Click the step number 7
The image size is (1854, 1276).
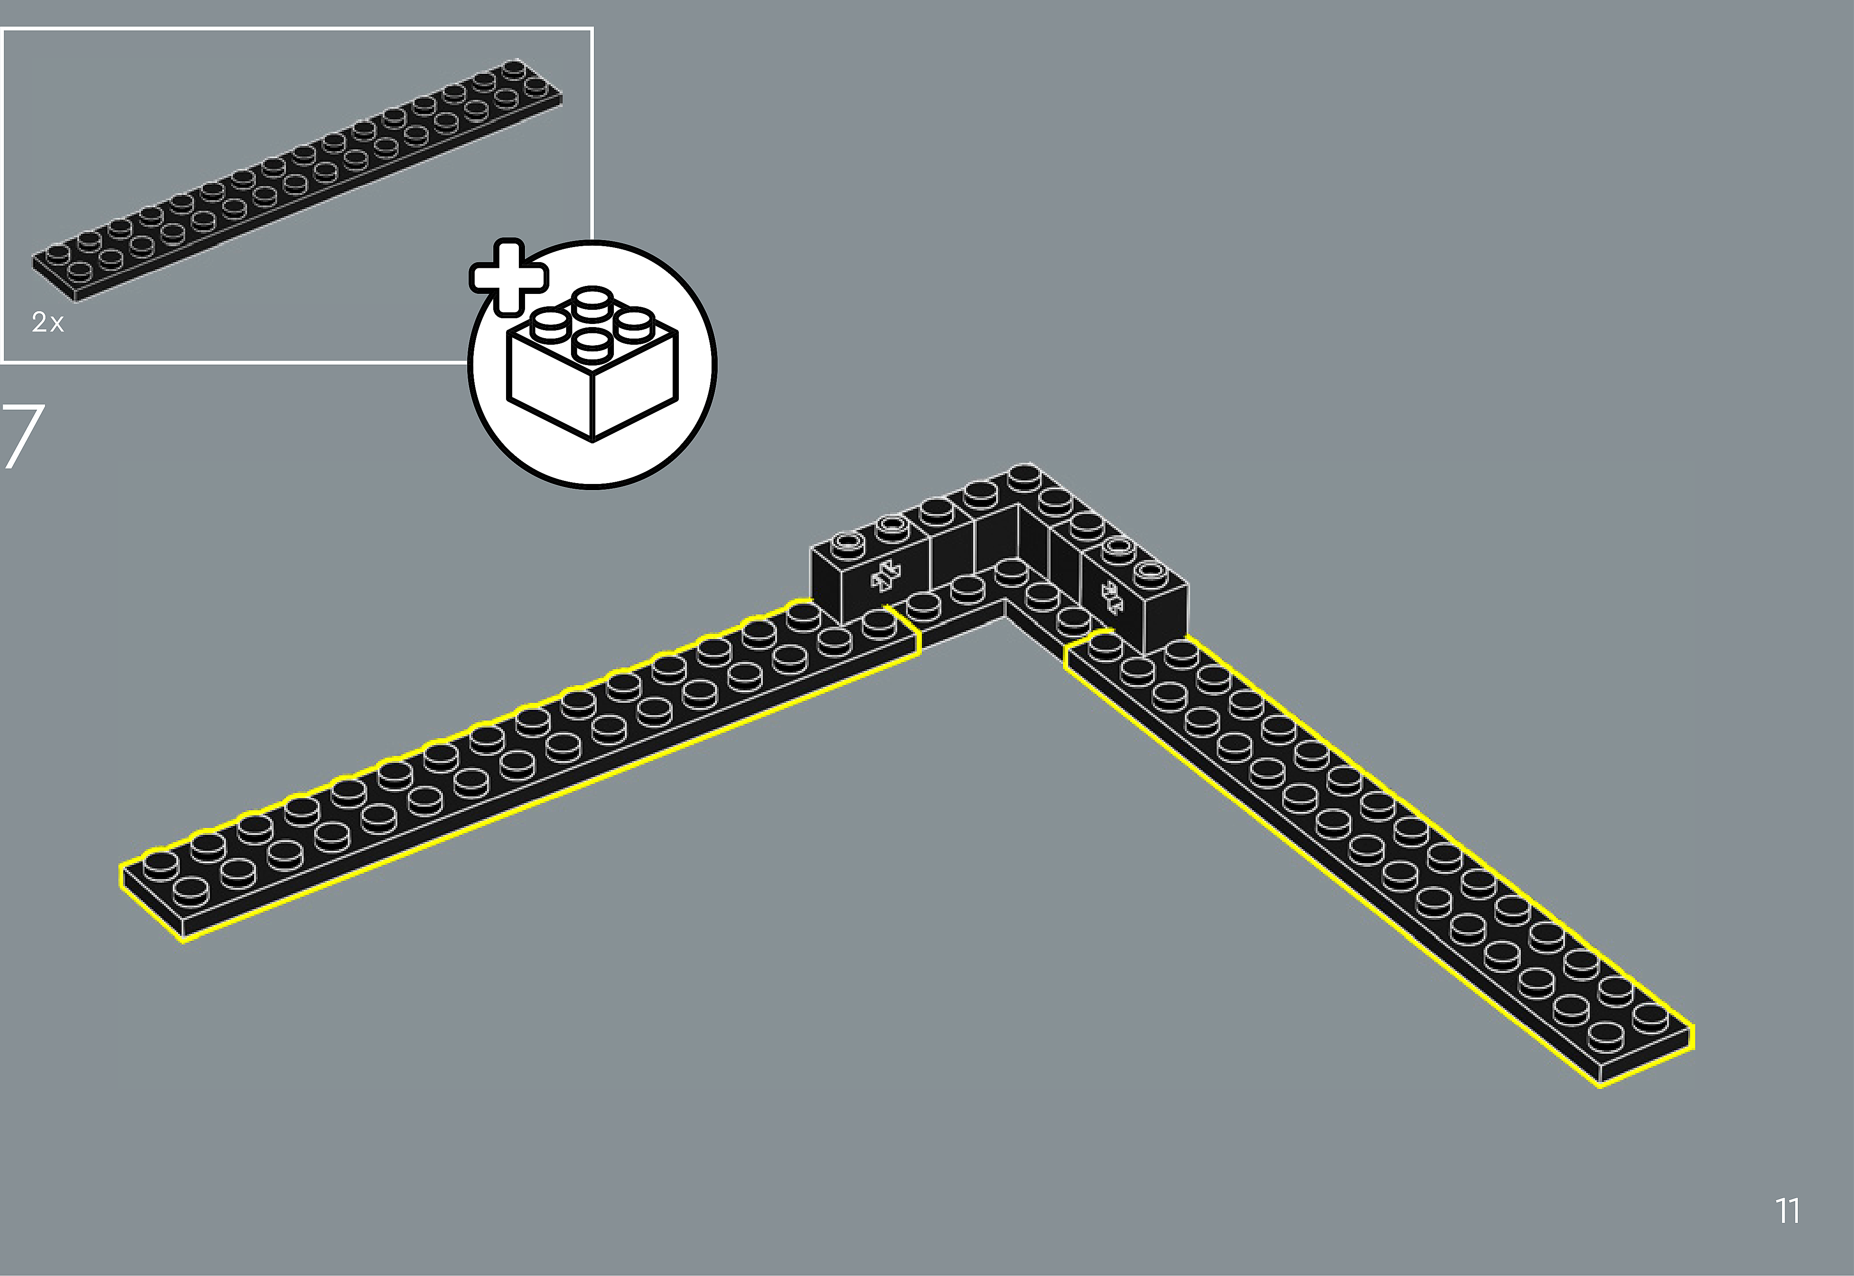click(23, 436)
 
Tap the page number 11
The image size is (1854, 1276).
click(1788, 1211)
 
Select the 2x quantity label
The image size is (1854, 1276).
click(47, 322)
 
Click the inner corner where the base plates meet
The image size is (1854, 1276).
click(1005, 601)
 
